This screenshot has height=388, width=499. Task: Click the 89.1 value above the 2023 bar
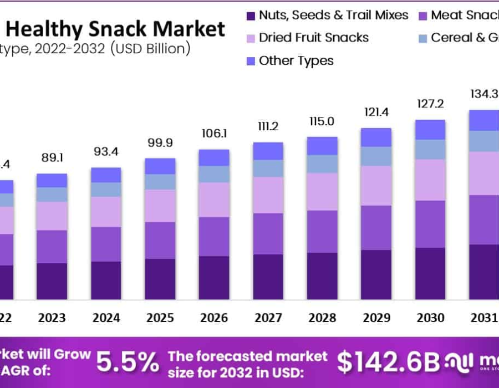[x=52, y=158]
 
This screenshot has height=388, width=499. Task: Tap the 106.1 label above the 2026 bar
[x=214, y=134]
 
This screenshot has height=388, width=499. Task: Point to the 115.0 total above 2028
[x=322, y=121]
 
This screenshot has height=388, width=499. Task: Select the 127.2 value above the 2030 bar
[x=430, y=104]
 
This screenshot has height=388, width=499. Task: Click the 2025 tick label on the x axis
[x=160, y=318]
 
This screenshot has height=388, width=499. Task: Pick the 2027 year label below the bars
[x=268, y=318]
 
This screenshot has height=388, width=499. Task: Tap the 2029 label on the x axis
[x=376, y=318]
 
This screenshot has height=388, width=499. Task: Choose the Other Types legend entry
[x=296, y=60]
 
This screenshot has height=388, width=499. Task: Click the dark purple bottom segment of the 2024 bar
[x=106, y=280]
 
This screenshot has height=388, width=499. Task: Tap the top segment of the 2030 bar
[x=430, y=130]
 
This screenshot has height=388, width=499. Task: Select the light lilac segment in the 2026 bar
[x=214, y=200]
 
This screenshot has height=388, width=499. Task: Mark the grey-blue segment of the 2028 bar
[x=322, y=164]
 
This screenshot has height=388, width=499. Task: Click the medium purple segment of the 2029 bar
[x=376, y=228]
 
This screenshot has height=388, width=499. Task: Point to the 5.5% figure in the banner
[x=128, y=362]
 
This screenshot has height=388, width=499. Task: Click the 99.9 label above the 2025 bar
[x=160, y=143]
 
